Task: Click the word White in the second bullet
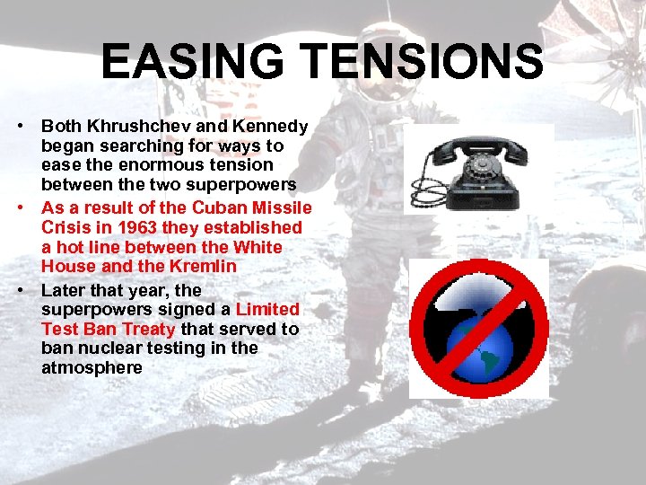(258, 247)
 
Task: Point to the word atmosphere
(92, 368)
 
